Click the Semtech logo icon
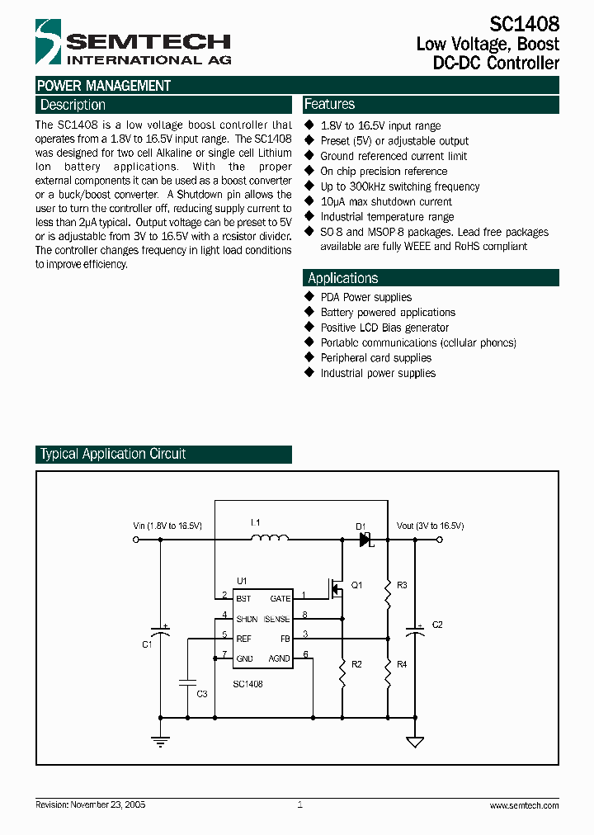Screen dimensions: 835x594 tap(49, 42)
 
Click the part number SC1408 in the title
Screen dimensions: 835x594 tap(524, 24)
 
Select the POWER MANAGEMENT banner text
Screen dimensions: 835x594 tap(104, 86)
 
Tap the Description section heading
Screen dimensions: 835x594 tap(73, 105)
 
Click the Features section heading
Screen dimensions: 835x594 tap(330, 104)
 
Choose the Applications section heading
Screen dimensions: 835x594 tap(342, 278)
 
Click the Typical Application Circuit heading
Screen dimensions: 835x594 tap(113, 454)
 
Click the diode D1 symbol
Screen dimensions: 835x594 tap(365, 540)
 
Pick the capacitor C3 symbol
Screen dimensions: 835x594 tap(188, 683)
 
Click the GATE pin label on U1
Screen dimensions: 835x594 tap(280, 598)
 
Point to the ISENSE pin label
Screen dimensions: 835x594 tap(276, 618)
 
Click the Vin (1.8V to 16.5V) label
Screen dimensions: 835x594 tap(167, 526)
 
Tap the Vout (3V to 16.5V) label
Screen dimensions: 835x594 tap(430, 526)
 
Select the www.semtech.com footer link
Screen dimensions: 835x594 tap(524, 804)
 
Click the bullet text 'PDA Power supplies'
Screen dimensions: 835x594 tap(365, 297)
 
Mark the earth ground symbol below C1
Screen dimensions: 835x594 tap(160, 741)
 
